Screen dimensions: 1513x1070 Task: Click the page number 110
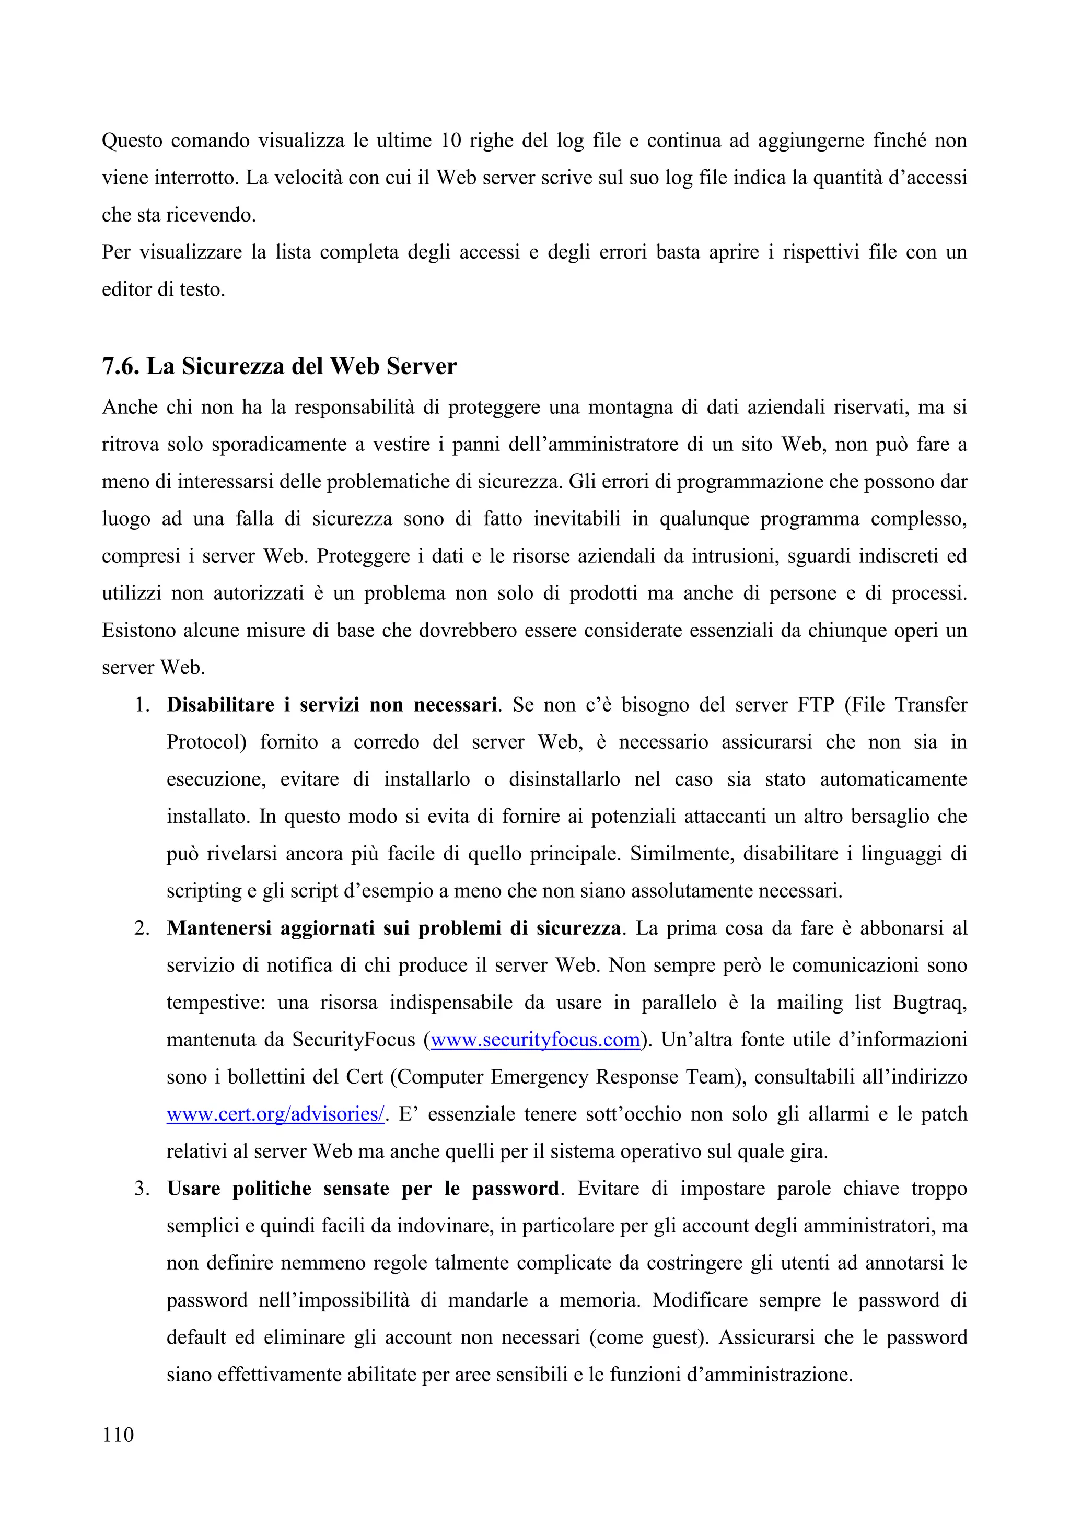pos(118,1435)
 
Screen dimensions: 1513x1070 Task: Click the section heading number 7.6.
pos(121,366)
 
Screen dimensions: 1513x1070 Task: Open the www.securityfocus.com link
pos(535,1040)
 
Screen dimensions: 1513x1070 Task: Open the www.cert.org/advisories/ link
pos(275,1114)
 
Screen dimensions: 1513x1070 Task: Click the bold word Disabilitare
pos(220,705)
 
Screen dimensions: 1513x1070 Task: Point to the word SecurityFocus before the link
pos(354,1040)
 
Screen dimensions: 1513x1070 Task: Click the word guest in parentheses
pos(676,1337)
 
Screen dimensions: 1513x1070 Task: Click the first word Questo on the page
pos(132,141)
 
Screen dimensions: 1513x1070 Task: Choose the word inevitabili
pos(576,519)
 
